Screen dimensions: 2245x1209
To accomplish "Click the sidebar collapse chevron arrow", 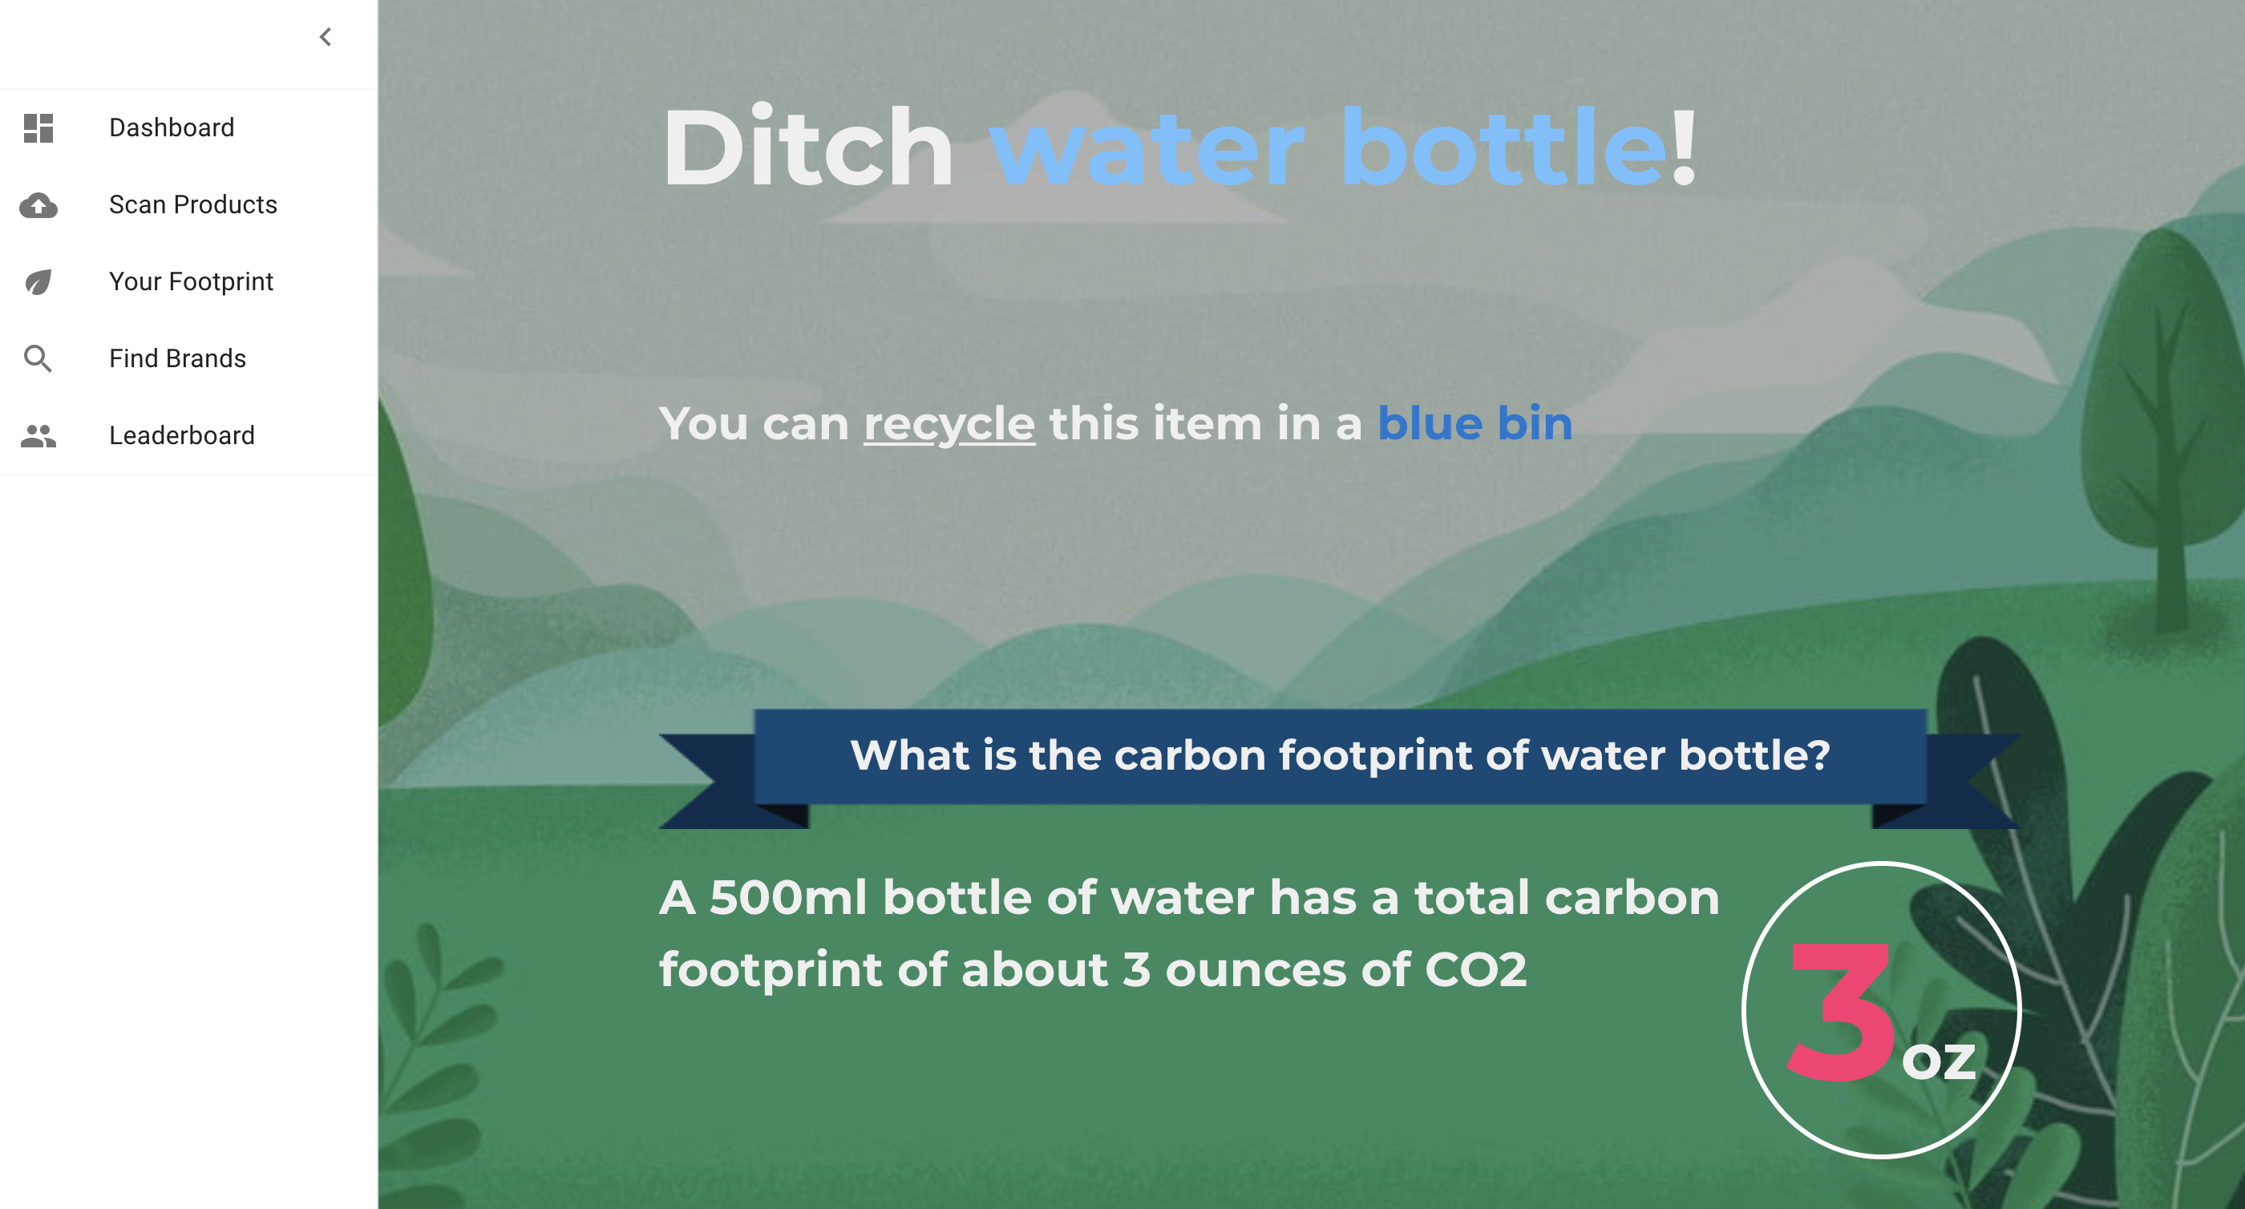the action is pos(325,37).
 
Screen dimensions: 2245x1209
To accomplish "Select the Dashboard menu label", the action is pos(172,127).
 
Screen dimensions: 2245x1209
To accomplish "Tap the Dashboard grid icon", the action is pos(38,128).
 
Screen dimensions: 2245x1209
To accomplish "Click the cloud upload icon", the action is pos(38,205).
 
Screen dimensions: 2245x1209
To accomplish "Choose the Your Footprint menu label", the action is pos(191,281).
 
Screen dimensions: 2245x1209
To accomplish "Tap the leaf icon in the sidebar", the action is pos(38,281).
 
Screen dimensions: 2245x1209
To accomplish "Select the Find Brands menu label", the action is pos(177,358).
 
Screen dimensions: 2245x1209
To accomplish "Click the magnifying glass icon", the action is pos(38,358).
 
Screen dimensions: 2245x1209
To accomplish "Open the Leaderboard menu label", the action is pos(181,435).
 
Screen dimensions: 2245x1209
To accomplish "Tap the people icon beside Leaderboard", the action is pos(38,435).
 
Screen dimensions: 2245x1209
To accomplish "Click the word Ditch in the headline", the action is pos(808,147).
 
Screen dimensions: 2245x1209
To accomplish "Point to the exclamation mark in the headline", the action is pos(1683,147).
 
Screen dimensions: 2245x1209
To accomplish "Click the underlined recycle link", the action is pos(949,424).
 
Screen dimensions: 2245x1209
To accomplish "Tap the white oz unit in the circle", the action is pos(1938,1061).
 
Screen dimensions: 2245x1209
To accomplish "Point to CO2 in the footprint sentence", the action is pos(1475,969).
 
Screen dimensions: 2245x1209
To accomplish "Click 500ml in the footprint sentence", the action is pos(788,897).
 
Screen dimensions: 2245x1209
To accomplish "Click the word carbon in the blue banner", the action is pos(1190,755).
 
